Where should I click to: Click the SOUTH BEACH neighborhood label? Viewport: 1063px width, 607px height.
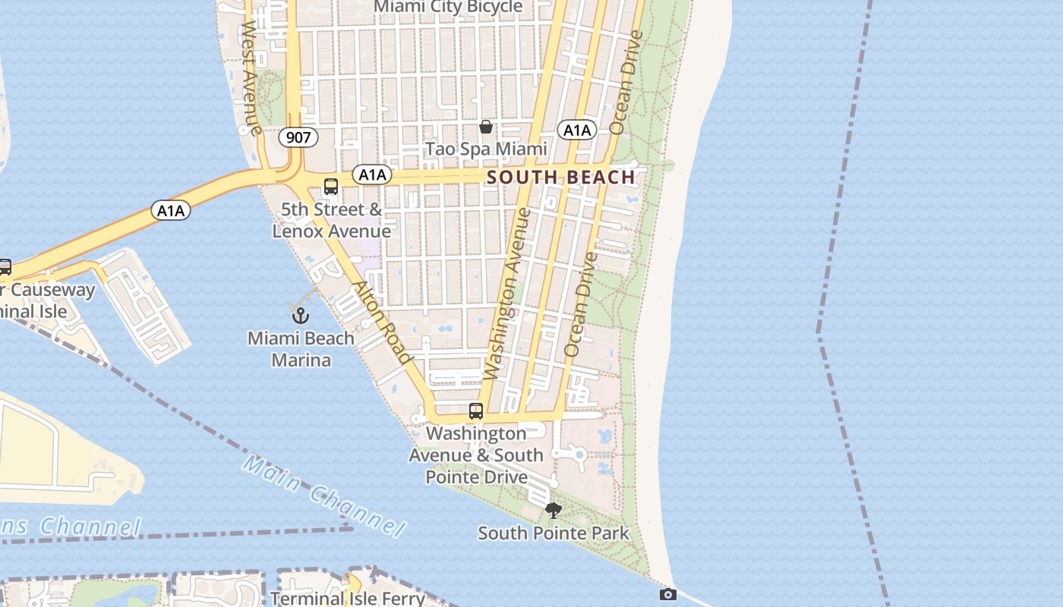[560, 178]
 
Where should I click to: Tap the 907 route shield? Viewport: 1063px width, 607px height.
[298, 137]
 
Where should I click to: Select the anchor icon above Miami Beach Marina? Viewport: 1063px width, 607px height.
[301, 314]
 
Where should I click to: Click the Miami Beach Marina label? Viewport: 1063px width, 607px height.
[301, 348]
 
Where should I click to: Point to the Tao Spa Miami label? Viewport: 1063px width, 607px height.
[486, 149]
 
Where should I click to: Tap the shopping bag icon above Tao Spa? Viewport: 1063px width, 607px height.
[486, 127]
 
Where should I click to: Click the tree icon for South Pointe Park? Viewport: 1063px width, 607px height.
[554, 511]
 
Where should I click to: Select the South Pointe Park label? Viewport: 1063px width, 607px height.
[554, 533]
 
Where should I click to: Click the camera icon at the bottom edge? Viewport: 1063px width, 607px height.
[667, 594]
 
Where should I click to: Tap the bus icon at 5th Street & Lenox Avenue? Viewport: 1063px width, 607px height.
[331, 187]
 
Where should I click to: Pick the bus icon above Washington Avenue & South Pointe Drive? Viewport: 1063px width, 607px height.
[476, 411]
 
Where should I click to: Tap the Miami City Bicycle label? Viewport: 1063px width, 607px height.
[449, 7]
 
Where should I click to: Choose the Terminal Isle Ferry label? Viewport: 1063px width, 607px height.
[348, 598]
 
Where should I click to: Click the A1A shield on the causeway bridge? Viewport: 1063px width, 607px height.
[171, 210]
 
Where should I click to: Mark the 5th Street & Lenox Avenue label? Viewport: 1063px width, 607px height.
[332, 220]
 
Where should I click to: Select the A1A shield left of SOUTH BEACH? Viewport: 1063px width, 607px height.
[372, 175]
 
